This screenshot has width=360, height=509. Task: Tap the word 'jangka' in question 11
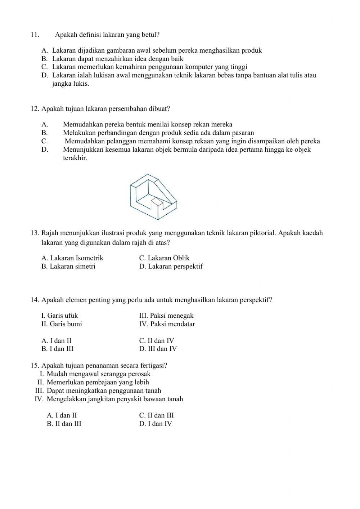[62, 84]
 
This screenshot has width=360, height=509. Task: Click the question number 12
[35, 108]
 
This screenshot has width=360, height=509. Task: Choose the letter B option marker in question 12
[44, 133]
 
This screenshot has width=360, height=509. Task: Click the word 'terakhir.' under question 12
[75, 158]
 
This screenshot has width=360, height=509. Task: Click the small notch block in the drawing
[157, 204]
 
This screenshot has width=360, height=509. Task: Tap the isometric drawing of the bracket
[153, 196]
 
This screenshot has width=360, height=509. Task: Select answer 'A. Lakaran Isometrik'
[72, 258]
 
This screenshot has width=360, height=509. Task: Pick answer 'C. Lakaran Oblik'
[164, 258]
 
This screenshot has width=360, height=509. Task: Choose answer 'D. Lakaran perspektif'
[171, 267]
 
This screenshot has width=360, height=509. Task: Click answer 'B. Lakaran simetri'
[68, 267]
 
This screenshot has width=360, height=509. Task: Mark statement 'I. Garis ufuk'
[60, 316]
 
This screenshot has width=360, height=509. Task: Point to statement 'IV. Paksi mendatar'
[167, 324]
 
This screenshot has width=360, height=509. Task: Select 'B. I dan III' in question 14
[58, 349]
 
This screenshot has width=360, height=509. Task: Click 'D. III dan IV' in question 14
[158, 349]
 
